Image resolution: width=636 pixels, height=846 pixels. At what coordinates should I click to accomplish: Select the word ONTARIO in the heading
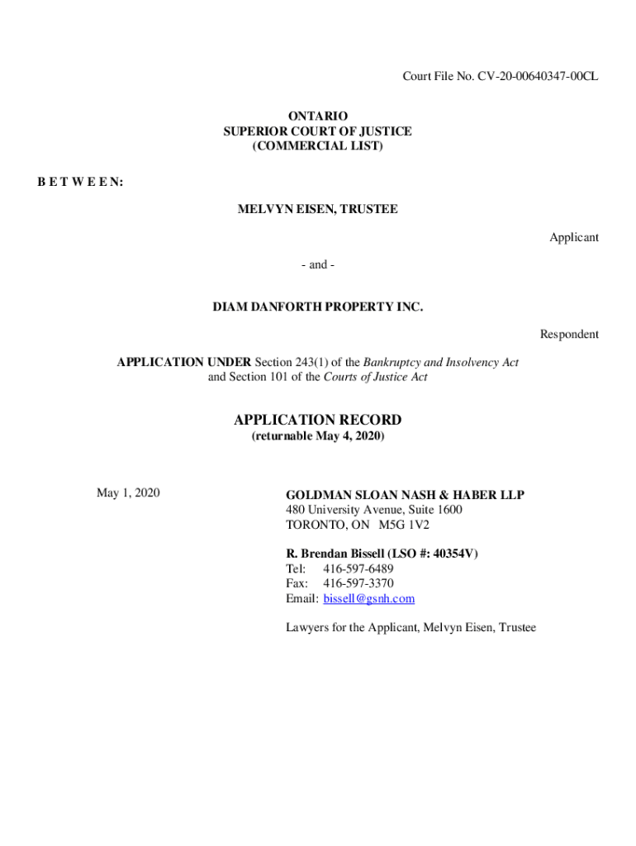[x=317, y=116]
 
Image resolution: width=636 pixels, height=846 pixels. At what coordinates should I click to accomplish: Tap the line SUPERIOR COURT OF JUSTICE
[x=317, y=131]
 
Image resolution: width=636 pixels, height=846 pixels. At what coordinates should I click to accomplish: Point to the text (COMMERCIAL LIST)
[x=317, y=146]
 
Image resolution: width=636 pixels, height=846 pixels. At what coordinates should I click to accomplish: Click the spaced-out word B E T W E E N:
[x=80, y=182]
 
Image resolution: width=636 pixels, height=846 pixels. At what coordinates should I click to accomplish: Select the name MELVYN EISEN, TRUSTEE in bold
[x=317, y=210]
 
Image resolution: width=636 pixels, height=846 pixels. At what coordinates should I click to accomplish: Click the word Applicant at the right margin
[x=574, y=237]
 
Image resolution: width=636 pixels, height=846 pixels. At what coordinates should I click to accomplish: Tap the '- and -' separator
[x=317, y=265]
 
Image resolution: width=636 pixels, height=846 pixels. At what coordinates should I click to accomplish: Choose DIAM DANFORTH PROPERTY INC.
[x=317, y=307]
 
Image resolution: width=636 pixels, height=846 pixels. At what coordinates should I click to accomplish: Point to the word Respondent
[x=569, y=335]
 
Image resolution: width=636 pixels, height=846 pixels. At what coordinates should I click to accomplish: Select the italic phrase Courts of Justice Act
[x=375, y=378]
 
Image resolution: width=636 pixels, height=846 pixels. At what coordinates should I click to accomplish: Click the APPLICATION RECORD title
[x=317, y=420]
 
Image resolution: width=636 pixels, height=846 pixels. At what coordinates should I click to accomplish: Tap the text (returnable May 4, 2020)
[x=317, y=435]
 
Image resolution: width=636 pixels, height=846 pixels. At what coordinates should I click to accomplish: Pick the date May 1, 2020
[x=128, y=493]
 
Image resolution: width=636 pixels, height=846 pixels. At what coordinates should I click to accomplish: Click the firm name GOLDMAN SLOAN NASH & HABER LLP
[x=405, y=495]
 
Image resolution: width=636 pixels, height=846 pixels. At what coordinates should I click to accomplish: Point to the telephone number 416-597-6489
[x=358, y=568]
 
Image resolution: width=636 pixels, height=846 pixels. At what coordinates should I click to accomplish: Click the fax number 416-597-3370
[x=358, y=583]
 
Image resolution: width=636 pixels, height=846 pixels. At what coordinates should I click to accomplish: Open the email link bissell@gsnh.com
[x=368, y=598]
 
